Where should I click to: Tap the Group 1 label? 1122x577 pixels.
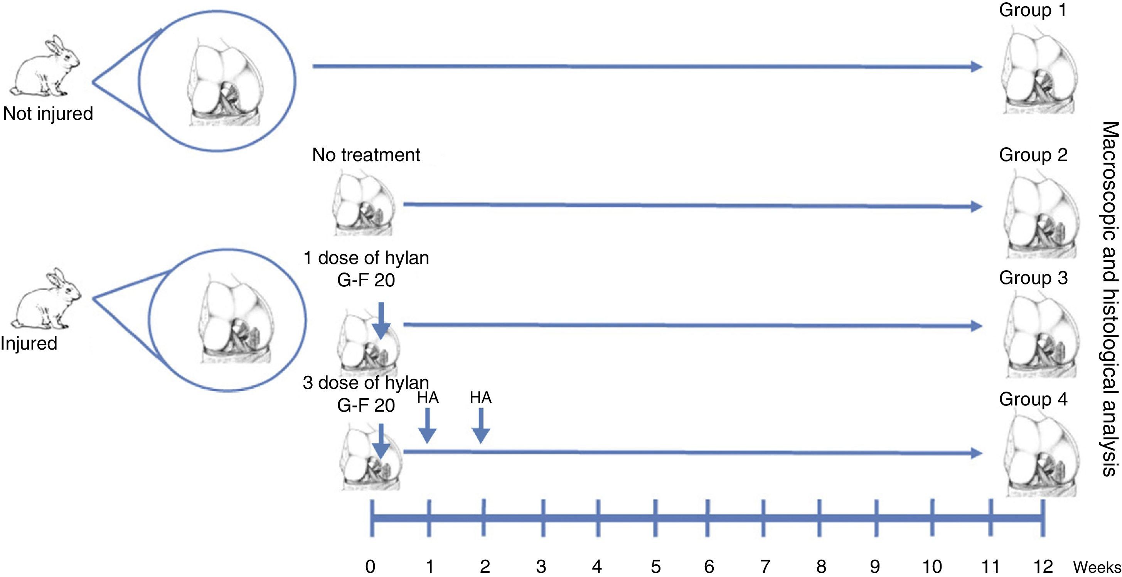[x=1033, y=10]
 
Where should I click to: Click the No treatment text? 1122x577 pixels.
[x=366, y=155]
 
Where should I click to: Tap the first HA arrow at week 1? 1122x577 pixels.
[x=427, y=426]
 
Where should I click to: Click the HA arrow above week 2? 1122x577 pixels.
[x=481, y=426]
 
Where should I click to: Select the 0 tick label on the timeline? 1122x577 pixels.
[x=370, y=567]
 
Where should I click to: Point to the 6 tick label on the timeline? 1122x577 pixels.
[x=709, y=567]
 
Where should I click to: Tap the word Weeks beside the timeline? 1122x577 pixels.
[x=1097, y=567]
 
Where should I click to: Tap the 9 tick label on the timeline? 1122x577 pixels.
[x=874, y=567]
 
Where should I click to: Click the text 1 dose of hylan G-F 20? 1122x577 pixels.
[x=366, y=269]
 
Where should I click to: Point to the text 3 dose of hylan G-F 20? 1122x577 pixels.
[x=366, y=394]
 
